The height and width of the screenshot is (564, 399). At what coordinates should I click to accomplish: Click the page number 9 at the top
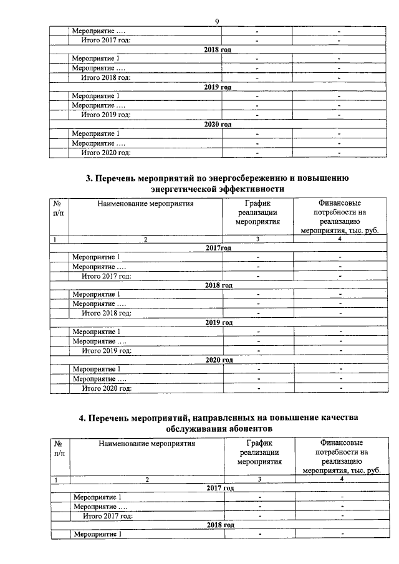point(217,22)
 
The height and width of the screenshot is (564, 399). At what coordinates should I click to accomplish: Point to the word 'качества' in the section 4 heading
point(336,419)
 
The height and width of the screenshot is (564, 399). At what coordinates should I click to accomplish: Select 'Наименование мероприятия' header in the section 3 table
point(145,203)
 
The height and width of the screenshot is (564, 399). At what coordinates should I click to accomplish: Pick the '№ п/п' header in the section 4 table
point(59,448)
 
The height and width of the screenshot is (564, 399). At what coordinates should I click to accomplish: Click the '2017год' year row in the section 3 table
point(218,247)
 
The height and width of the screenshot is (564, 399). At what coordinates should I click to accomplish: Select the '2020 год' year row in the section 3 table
point(218,360)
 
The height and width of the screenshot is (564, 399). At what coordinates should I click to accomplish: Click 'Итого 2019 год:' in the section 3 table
point(107,350)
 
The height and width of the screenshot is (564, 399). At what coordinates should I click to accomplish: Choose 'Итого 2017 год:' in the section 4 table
point(108,515)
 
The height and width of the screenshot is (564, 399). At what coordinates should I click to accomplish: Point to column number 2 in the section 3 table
point(145,239)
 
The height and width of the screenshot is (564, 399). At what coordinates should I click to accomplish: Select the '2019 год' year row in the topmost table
point(218,87)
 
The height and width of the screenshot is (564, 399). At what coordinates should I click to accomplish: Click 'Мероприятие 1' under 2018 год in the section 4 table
point(97,534)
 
